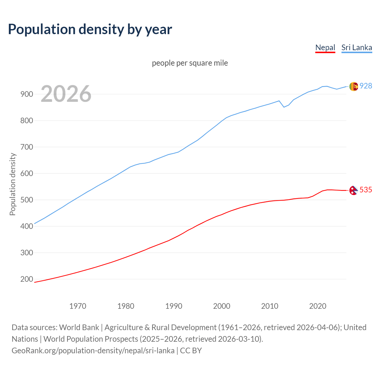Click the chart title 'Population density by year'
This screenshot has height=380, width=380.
[x=90, y=29]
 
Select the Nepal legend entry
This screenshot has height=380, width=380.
[x=325, y=47]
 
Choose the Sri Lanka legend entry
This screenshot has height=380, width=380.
[x=357, y=47]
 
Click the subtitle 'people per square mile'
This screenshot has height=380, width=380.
[x=190, y=63]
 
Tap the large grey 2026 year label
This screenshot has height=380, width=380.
[x=66, y=94]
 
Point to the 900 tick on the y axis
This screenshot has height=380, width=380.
[x=27, y=94]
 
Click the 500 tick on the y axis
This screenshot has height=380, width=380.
[x=27, y=200]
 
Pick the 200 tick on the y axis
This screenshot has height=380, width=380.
[x=27, y=279]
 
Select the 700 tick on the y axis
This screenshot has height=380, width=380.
[x=27, y=147]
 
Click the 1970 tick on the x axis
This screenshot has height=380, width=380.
[x=78, y=306]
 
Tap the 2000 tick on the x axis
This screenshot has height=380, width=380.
[x=222, y=306]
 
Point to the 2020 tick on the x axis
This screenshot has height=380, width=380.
[x=318, y=306]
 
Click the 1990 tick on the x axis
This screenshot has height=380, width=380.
[x=174, y=306]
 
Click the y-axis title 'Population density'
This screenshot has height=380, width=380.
[x=12, y=184]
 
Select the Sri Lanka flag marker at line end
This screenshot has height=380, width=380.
[x=353, y=86]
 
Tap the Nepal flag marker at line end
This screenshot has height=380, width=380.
[x=353, y=190]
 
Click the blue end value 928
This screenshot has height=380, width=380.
[x=366, y=86]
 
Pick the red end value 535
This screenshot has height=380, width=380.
[x=366, y=190]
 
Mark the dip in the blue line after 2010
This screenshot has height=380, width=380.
[x=284, y=107]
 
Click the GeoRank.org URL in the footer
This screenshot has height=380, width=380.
[x=93, y=351]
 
